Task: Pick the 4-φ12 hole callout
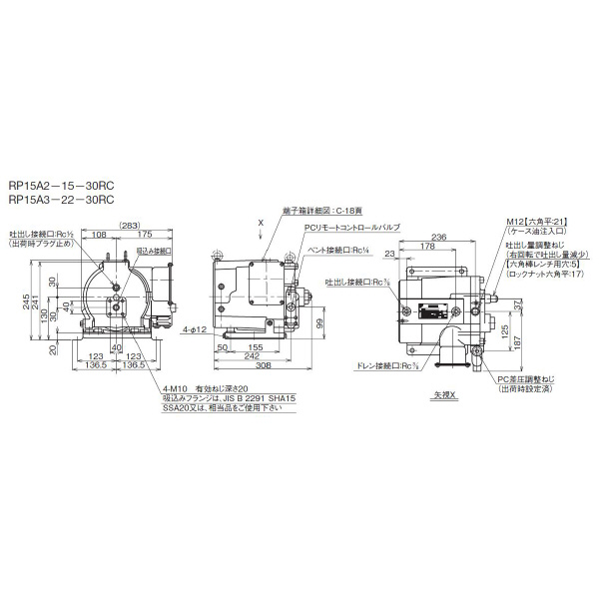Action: [196, 328]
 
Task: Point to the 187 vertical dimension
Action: [544, 341]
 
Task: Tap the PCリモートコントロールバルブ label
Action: [352, 228]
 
